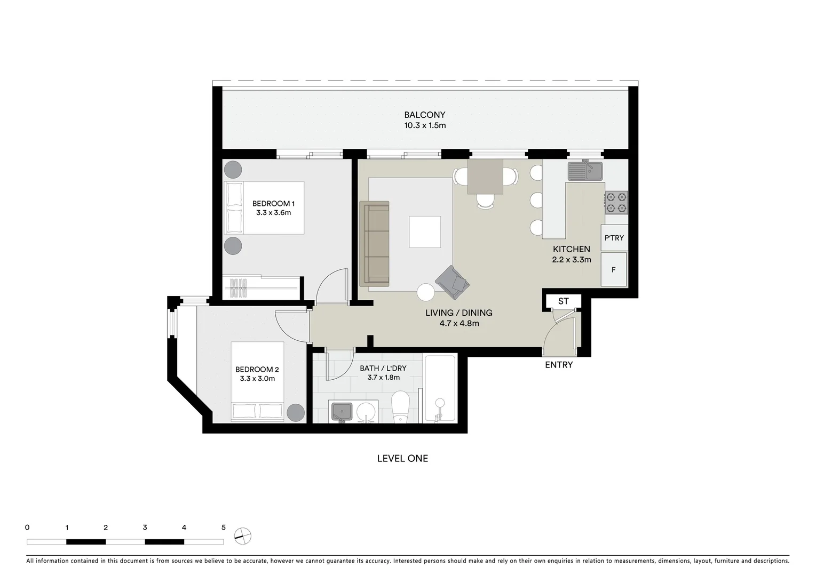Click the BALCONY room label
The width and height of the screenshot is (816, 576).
424,115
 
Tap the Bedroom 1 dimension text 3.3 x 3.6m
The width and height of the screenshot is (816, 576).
273,213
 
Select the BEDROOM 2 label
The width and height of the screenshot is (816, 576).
257,369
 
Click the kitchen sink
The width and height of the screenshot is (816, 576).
585,171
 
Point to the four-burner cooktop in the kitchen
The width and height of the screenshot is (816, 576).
616,203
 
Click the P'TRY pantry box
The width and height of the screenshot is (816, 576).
614,238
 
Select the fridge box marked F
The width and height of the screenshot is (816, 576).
614,270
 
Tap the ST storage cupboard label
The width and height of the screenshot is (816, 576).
563,301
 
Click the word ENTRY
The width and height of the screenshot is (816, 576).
559,365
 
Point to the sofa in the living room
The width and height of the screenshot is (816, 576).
374,243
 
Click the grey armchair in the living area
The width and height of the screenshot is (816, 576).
452,282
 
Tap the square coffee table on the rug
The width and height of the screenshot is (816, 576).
425,232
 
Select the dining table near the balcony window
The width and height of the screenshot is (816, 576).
485,177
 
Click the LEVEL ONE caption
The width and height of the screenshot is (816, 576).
402,458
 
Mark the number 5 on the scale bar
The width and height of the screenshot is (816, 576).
224,527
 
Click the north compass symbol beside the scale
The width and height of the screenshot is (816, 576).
243,535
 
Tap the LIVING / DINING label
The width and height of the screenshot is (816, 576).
458,313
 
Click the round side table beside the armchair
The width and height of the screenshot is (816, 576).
426,292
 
